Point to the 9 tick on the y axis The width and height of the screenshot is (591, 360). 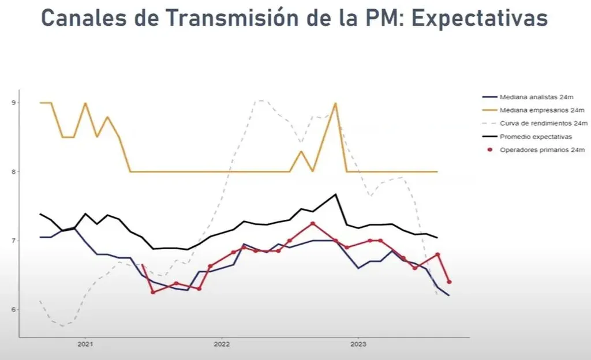pyautogui.click(x=14, y=103)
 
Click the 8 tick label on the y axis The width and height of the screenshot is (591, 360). pyautogui.click(x=14, y=171)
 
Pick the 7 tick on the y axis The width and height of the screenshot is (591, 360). pyautogui.click(x=14, y=241)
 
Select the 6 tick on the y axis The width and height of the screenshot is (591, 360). pyautogui.click(x=14, y=309)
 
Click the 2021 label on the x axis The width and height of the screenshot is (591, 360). pyautogui.click(x=85, y=344)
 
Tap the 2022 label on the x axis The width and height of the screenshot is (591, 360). pyautogui.click(x=222, y=344)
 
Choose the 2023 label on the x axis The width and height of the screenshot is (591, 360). pyautogui.click(x=358, y=344)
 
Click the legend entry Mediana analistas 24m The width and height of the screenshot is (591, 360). pyautogui.click(x=536, y=96)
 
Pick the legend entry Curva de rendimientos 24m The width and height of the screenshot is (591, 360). pyautogui.click(x=543, y=123)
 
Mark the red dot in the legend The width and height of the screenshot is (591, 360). pyautogui.click(x=490, y=149)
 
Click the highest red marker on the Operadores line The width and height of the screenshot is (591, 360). pyautogui.click(x=312, y=223)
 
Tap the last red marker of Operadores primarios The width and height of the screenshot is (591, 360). pyautogui.click(x=449, y=282)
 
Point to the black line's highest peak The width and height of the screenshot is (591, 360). pyautogui.click(x=335, y=194)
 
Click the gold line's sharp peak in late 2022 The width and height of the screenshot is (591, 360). pyautogui.click(x=335, y=103)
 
